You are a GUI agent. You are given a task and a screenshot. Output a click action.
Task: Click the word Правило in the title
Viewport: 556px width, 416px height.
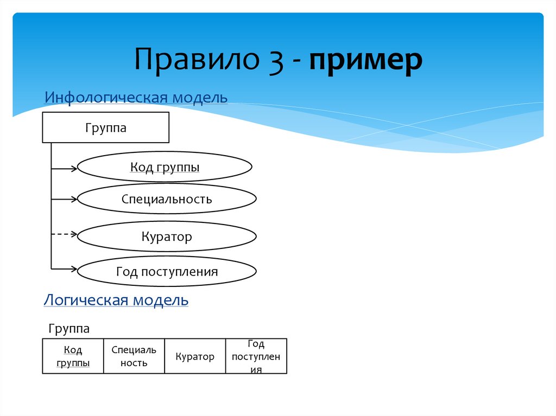(196, 60)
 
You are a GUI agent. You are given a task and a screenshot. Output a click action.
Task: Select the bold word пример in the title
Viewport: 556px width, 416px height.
(366, 61)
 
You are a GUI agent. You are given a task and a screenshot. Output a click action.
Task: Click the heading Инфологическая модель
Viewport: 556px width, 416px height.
(136, 98)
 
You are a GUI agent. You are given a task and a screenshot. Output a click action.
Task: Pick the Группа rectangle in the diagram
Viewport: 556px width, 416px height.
(106, 128)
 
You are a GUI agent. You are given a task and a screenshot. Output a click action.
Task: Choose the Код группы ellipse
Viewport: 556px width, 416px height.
(165, 168)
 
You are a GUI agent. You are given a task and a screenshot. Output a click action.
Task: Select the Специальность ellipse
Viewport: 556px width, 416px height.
(167, 199)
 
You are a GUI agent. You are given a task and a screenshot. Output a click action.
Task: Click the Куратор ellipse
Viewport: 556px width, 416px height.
(167, 237)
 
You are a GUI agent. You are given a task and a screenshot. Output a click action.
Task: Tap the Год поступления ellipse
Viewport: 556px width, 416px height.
(167, 271)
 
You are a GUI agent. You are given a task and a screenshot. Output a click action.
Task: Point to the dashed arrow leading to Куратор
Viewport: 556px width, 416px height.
(65, 234)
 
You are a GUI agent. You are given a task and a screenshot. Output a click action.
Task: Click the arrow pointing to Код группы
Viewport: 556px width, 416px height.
(65, 169)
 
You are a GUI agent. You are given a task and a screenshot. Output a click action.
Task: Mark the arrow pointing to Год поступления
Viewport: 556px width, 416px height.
(65, 268)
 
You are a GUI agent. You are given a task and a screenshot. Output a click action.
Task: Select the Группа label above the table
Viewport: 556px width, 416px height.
(69, 329)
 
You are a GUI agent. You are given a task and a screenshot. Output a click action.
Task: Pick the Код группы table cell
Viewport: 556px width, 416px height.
(73, 356)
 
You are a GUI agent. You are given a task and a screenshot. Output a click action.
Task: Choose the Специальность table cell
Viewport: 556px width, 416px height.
(134, 356)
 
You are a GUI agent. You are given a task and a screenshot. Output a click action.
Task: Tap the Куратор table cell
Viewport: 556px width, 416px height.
(195, 356)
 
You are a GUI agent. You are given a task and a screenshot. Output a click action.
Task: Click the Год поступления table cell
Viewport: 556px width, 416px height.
(256, 356)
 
